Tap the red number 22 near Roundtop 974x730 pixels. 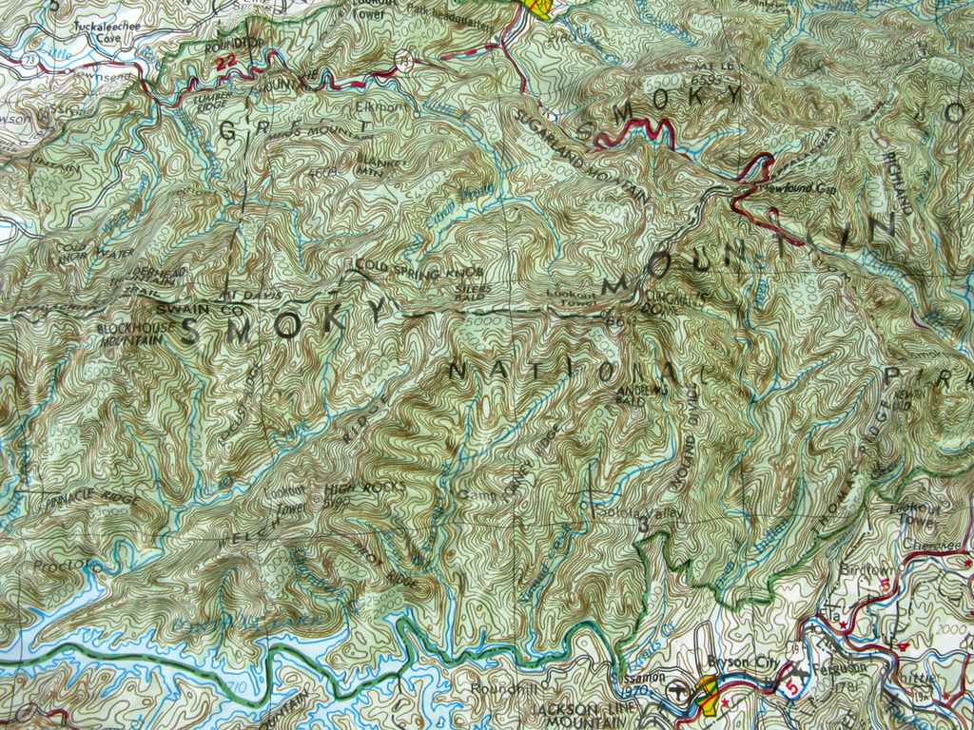click(225, 63)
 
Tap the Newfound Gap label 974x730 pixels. click(797, 188)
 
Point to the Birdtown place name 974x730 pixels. click(862, 569)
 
